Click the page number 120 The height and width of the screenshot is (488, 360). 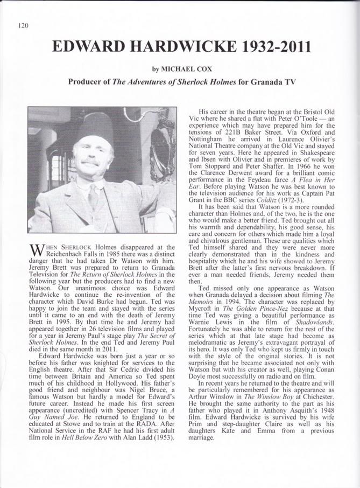tap(23, 24)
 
